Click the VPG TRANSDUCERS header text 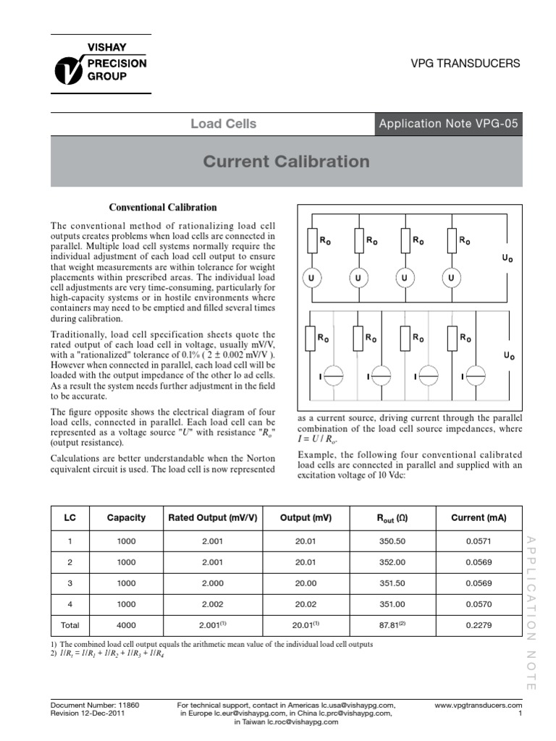click(x=466, y=64)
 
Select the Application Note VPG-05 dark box click(x=448, y=124)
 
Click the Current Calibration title click(x=286, y=161)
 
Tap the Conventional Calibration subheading click(x=162, y=207)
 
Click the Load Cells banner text click(x=223, y=124)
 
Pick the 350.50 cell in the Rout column click(x=392, y=542)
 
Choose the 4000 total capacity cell click(x=126, y=625)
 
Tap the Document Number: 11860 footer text click(x=95, y=704)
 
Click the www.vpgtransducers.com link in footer click(x=478, y=704)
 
